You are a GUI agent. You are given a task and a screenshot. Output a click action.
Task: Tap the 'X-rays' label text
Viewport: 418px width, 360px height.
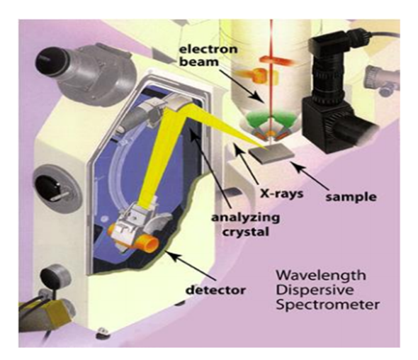(282, 193)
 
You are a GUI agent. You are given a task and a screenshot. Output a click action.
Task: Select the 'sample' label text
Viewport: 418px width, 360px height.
(351, 197)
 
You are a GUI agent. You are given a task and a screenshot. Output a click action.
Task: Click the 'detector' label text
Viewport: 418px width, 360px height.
(215, 290)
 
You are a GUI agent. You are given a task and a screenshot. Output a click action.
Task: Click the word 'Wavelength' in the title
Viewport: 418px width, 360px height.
(321, 276)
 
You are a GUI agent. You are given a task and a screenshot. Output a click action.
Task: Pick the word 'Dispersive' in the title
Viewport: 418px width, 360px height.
(315, 291)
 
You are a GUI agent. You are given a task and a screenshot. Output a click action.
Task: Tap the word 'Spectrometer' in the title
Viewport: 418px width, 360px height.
(327, 305)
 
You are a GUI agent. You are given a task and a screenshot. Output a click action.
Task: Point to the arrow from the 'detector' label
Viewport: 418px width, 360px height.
(193, 267)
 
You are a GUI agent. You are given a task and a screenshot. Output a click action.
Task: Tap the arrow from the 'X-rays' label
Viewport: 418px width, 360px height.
(247, 164)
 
